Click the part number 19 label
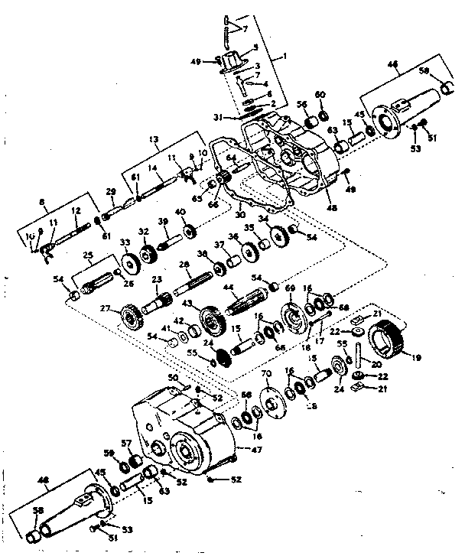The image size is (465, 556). [417, 356]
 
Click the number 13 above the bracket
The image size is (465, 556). [154, 139]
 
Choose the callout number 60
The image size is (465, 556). [321, 95]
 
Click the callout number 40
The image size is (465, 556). [180, 212]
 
